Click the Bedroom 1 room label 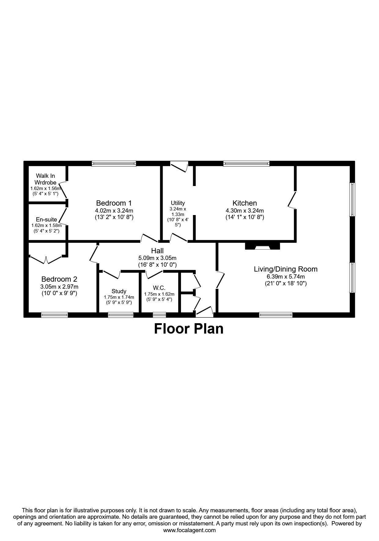click(114, 203)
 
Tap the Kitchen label click(245, 203)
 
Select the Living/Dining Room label click(286, 269)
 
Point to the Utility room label click(178, 203)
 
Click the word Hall click(157, 251)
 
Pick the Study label click(119, 291)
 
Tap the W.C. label click(159, 288)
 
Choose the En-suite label click(46, 220)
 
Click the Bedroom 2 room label click(59, 279)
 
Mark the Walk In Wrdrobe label click(46, 179)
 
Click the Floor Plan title click(189, 329)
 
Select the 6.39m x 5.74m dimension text click(286, 277)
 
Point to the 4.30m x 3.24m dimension click(245, 211)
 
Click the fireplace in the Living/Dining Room click(263, 246)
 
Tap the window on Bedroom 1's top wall click(114, 164)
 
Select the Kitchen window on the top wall click(246, 164)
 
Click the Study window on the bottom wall click(121, 315)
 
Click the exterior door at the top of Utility click(179, 166)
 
